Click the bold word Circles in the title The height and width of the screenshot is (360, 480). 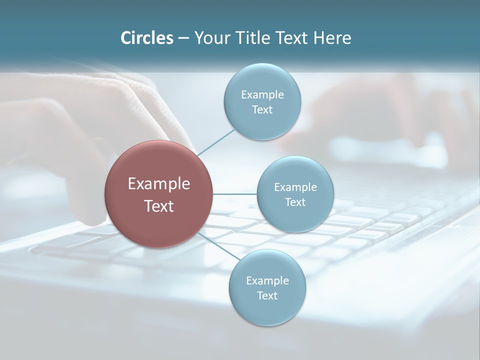point(146,38)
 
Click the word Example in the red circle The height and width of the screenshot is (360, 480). point(159,184)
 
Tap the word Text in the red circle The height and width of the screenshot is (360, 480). point(159,206)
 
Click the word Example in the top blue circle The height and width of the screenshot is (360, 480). point(262,95)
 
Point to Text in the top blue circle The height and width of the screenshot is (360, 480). point(262,110)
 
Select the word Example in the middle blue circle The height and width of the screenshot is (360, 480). point(295,187)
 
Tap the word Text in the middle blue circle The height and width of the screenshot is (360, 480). point(295,202)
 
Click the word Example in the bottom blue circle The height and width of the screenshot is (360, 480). point(267,281)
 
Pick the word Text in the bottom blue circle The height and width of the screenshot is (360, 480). point(267,296)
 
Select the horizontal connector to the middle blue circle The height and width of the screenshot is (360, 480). point(235,194)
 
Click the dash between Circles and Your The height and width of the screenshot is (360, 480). point(183,38)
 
